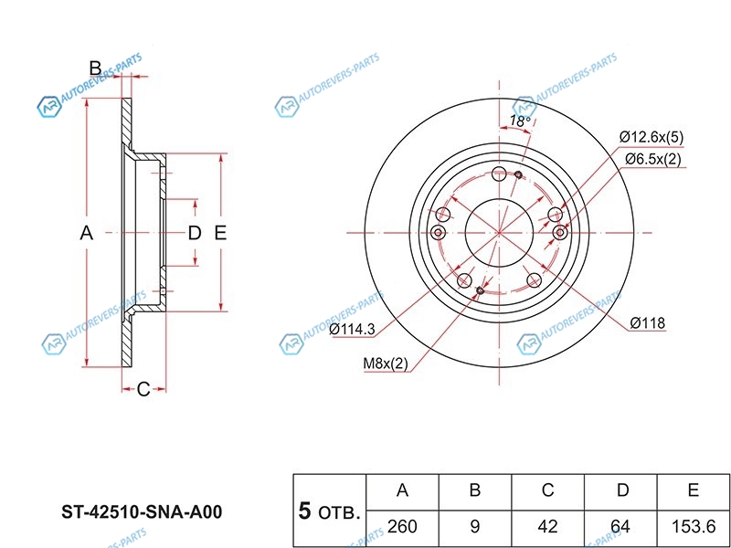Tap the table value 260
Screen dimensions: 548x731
402,527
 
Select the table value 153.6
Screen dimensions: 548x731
694,527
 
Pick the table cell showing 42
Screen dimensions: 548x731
548,527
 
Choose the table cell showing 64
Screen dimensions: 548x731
622,527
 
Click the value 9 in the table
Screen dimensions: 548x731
475,527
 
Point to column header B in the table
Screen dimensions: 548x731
475,490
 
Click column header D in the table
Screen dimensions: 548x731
622,490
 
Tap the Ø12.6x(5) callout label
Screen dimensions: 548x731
652,137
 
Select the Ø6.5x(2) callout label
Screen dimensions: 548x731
652,160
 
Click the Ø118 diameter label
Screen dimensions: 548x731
647,322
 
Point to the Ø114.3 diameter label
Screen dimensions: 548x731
352,329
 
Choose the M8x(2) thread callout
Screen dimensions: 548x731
386,364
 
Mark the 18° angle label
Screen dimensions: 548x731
520,121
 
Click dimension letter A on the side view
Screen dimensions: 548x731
87,233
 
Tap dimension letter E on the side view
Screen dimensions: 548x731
220,233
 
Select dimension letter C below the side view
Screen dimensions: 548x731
143,390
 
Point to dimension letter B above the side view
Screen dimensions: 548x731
94,67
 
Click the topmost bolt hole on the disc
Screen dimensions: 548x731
498,175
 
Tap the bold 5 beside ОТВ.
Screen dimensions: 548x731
306,511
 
